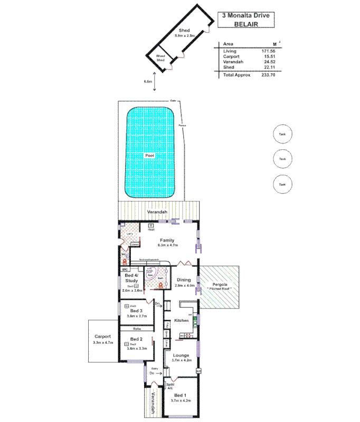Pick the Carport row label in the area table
[232, 56]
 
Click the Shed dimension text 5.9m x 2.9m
[185, 35]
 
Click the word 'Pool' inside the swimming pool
[150, 156]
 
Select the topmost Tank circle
[282, 135]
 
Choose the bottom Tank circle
[282, 184]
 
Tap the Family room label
[167, 240]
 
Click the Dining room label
[184, 280]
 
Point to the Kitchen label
[182, 320]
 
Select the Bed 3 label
[136, 311]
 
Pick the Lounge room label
[182, 355]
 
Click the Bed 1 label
[180, 395]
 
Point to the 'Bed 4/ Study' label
[132, 277]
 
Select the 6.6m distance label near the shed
[148, 82]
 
